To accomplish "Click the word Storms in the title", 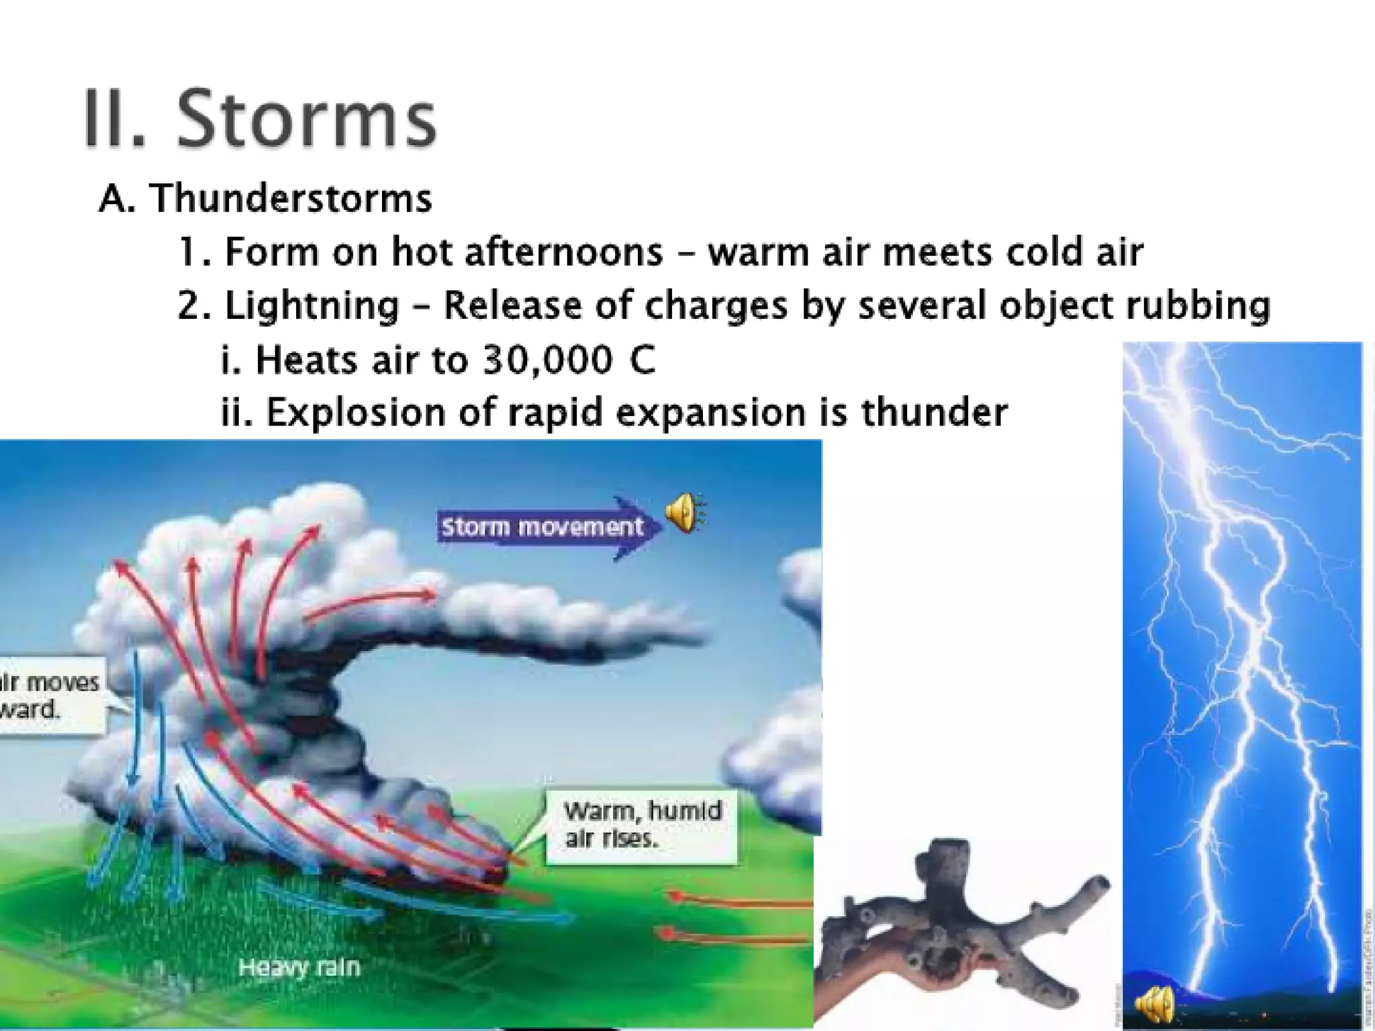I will [x=306, y=119].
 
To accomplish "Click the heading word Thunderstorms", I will [x=290, y=199].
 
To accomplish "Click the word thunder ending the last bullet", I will [x=934, y=411].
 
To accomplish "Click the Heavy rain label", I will [x=299, y=967].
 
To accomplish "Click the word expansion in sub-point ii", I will [x=710, y=413].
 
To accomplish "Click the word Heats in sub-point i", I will [x=305, y=359].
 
